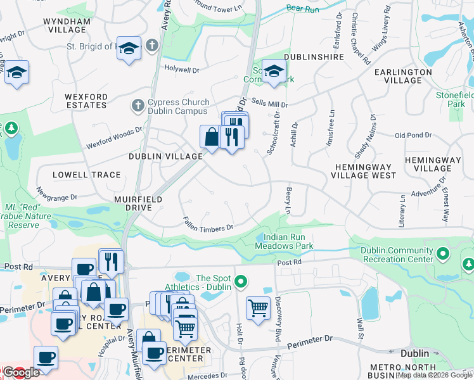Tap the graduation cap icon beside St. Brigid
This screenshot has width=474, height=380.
point(129,49)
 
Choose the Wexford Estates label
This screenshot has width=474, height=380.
point(86,101)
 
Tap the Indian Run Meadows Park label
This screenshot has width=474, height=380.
point(284,241)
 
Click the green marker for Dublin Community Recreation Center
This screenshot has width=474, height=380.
point(442,254)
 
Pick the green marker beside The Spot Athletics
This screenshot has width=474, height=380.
point(240,282)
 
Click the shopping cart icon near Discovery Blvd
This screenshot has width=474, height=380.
point(258,308)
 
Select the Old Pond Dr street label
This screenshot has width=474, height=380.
point(413,136)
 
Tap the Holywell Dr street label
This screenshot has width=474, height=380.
point(182,68)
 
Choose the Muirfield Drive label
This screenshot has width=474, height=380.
point(133,203)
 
